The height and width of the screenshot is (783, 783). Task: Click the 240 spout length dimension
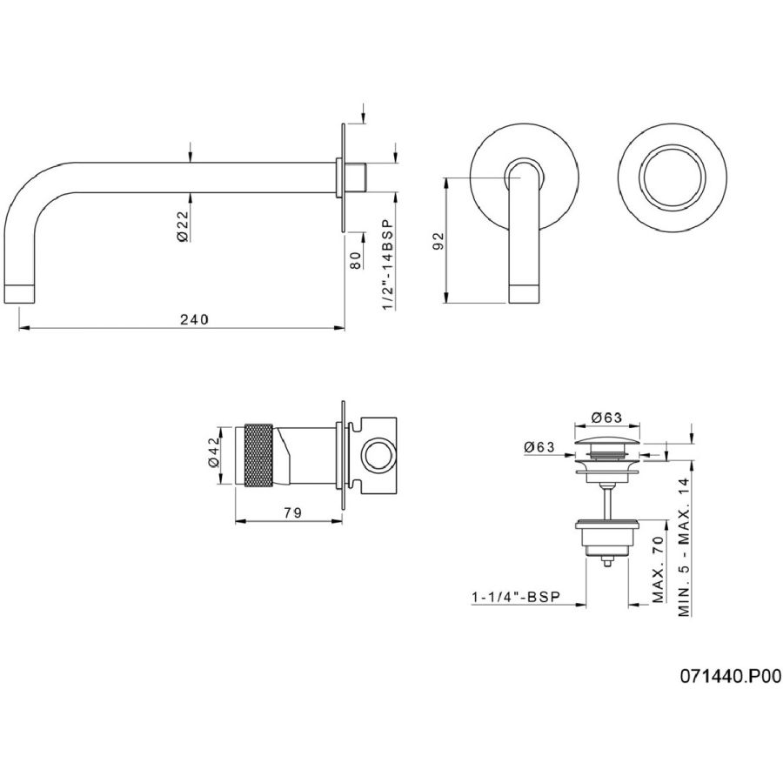pos(194,319)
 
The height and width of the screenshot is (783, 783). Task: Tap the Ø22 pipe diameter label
pos(183,225)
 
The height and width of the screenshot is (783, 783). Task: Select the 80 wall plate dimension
pos(355,260)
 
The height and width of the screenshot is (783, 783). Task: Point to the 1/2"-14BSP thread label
pos(388,264)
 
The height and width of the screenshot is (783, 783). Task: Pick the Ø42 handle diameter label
pos(213,454)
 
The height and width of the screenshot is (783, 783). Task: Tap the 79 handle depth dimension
pos(292,512)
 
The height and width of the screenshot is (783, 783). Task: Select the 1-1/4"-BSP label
pos(516,596)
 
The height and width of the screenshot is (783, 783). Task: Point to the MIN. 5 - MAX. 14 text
pos(684,547)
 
